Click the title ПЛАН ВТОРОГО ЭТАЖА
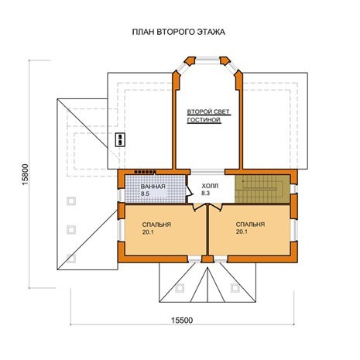(179, 32)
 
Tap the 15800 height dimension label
(25, 174)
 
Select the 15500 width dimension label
(182, 321)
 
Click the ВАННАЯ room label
(153, 187)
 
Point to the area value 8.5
(145, 194)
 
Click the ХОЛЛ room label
(210, 186)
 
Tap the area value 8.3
(206, 193)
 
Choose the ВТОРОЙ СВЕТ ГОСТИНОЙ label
(208, 116)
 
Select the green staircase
(262, 189)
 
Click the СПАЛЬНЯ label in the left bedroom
(156, 225)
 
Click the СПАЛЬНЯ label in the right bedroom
(250, 225)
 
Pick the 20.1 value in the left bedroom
(148, 232)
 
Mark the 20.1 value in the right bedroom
(242, 231)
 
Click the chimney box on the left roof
(120, 139)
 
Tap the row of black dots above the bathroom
(145, 172)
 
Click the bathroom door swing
(189, 190)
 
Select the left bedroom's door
(200, 207)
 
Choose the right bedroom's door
(215, 207)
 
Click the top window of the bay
(207, 60)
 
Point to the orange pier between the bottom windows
(207, 259)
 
